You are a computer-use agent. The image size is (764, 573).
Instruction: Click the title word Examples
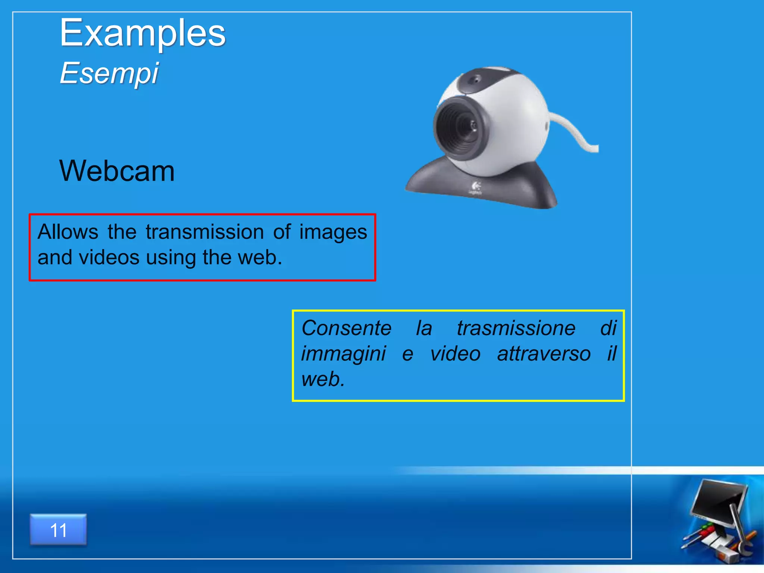(143, 34)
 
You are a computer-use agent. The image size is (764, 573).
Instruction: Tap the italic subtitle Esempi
(109, 73)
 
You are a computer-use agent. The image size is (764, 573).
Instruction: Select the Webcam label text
(117, 171)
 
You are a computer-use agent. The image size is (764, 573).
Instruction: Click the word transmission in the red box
(205, 232)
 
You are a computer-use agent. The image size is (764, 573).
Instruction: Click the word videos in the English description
(109, 257)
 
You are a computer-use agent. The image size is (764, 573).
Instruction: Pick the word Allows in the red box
(68, 232)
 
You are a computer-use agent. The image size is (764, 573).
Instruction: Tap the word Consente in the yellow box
(346, 328)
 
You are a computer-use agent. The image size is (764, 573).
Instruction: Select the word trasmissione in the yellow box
(516, 328)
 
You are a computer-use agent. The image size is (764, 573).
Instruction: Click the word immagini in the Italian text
(344, 354)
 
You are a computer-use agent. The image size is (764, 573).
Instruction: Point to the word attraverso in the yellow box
(544, 354)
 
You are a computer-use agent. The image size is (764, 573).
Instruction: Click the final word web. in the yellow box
(323, 379)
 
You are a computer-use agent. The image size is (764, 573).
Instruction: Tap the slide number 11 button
(58, 530)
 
